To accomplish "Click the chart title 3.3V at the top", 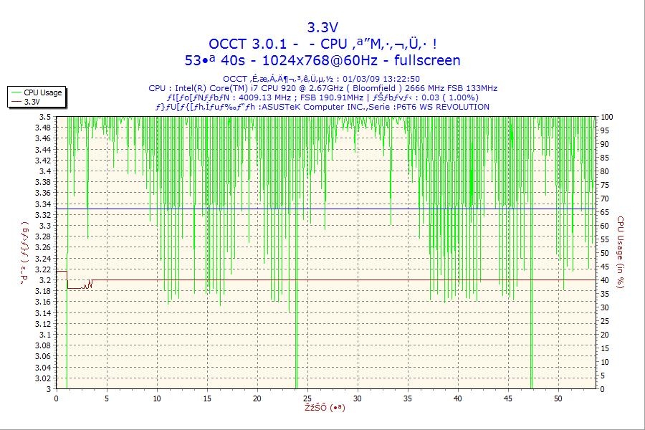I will coord(322,28).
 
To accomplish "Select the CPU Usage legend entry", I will coord(42,92).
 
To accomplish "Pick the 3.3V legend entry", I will coord(32,102).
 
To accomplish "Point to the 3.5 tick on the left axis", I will coord(45,117).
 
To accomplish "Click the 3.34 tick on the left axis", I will coord(43,204).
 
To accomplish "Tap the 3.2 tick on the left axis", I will coord(45,280).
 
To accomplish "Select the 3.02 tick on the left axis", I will coord(43,378).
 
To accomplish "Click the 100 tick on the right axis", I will coord(606,117).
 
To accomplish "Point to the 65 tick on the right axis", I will coord(604,212).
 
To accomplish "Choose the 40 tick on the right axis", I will coord(604,280).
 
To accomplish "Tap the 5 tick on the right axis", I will coord(603,376).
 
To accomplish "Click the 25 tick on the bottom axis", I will coord(307,398).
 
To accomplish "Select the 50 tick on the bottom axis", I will coord(558,398).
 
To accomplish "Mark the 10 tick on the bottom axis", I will coord(157,398).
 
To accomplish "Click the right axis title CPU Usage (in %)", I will coord(621,252).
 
